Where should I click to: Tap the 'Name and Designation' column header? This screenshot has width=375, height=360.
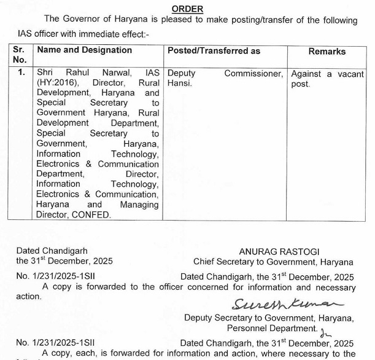tap(84, 50)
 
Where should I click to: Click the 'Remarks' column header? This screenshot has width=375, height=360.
tap(327, 52)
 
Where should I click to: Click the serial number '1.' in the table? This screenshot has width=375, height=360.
tap(21, 73)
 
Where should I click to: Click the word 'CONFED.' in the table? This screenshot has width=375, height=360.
tap(91, 214)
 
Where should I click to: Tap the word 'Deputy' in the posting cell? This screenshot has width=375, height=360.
tap(182, 73)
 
